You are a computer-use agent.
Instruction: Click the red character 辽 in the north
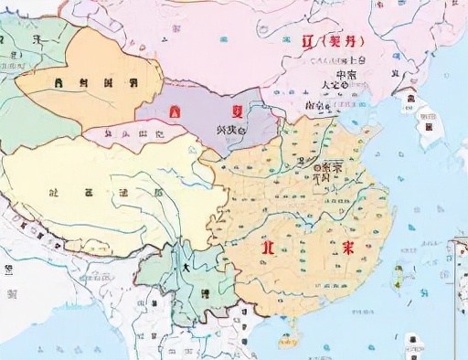pyautogui.click(x=308, y=43)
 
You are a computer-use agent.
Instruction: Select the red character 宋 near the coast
pyautogui.click(x=348, y=249)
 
